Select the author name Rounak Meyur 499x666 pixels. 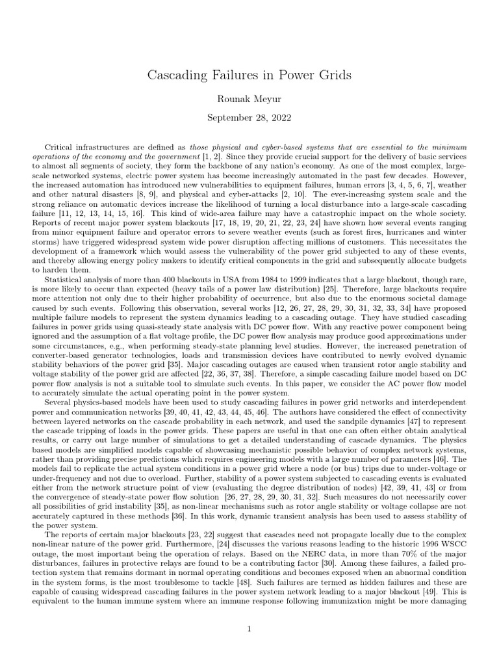coord(249,98)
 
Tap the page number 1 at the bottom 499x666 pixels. coord(249,629)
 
